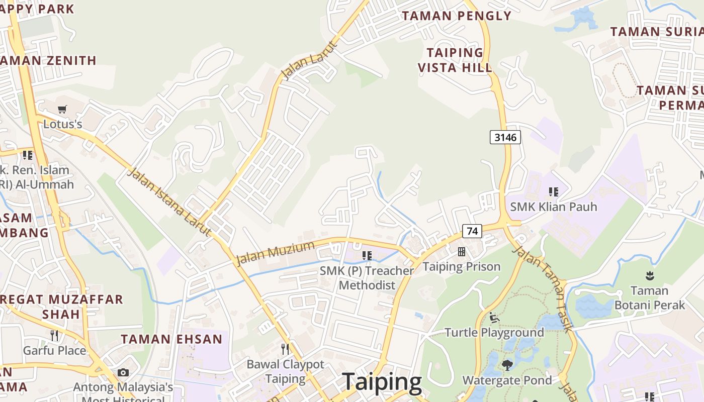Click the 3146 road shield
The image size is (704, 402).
pyautogui.click(x=505, y=137)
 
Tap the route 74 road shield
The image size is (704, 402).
pyautogui.click(x=472, y=231)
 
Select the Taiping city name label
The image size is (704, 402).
pyautogui.click(x=382, y=382)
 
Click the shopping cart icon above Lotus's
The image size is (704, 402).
pyautogui.click(x=62, y=109)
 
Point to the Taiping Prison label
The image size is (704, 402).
pyautogui.click(x=462, y=266)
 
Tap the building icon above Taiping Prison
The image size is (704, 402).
pyautogui.click(x=461, y=252)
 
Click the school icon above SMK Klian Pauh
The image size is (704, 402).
pyautogui.click(x=554, y=191)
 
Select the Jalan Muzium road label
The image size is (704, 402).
pyautogui.click(x=275, y=253)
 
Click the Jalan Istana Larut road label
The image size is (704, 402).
pyautogui.click(x=169, y=202)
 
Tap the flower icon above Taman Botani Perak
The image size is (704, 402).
pyautogui.click(x=649, y=275)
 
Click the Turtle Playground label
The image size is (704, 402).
pyautogui.click(x=494, y=332)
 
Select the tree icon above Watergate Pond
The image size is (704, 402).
pyautogui.click(x=507, y=365)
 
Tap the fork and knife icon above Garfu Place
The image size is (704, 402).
pyautogui.click(x=54, y=335)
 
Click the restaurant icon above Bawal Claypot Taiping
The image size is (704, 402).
pyautogui.click(x=285, y=349)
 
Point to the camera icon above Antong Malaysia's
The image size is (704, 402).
pyautogui.click(x=123, y=372)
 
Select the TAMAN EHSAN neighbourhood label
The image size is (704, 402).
pyautogui.click(x=171, y=339)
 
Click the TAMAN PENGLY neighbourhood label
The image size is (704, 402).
pyautogui.click(x=456, y=16)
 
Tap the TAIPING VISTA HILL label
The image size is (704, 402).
pyautogui.click(x=455, y=60)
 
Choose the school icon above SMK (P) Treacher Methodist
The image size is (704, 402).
pyautogui.click(x=367, y=256)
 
